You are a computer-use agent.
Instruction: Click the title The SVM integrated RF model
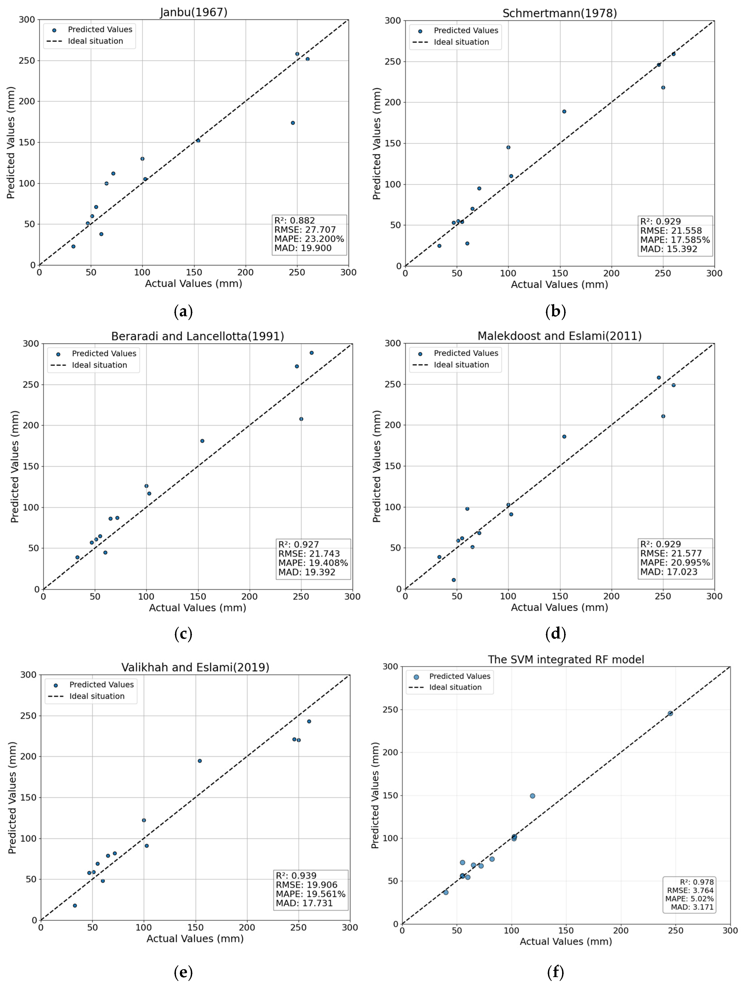coord(566,660)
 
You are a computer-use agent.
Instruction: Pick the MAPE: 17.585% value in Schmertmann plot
coord(675,240)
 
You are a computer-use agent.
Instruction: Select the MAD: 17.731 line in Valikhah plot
coord(304,903)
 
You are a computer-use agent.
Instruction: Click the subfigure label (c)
coord(183,634)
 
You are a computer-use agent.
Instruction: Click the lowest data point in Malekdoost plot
coord(454,580)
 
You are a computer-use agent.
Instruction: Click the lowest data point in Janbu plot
coord(73,246)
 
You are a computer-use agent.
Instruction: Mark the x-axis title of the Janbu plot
coord(193,283)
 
